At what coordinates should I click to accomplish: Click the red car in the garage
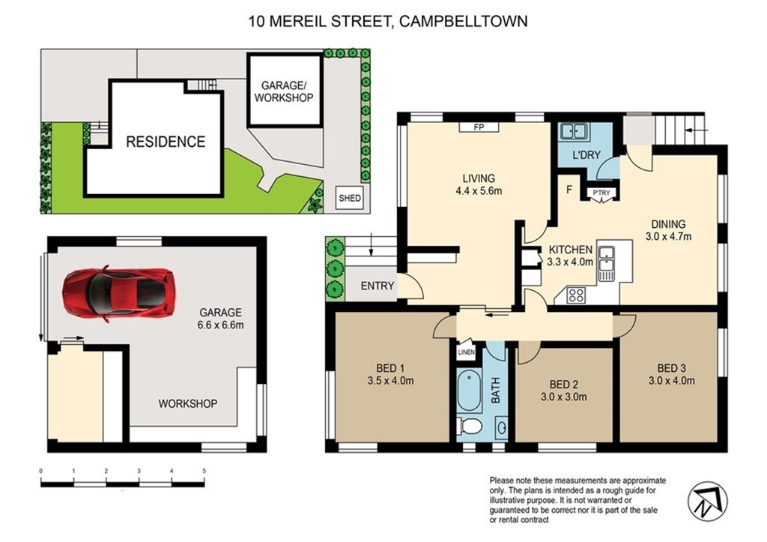(x=118, y=293)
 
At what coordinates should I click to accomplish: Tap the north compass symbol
(x=707, y=502)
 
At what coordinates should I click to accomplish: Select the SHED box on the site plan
(x=350, y=199)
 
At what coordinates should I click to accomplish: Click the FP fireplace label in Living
(x=479, y=127)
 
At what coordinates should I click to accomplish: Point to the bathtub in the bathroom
(x=469, y=391)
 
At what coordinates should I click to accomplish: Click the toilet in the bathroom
(x=469, y=426)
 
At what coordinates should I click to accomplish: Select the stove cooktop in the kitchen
(x=576, y=295)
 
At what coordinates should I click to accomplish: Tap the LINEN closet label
(x=466, y=352)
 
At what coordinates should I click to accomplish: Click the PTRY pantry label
(x=601, y=193)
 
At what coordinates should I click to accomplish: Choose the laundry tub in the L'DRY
(x=575, y=131)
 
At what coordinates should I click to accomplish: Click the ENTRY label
(x=378, y=286)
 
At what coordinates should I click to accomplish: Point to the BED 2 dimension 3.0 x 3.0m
(x=563, y=397)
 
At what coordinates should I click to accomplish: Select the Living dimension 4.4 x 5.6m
(x=479, y=191)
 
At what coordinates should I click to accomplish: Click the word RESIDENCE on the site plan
(x=166, y=142)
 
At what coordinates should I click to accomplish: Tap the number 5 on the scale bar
(x=204, y=471)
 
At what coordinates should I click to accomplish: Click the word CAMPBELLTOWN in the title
(x=464, y=22)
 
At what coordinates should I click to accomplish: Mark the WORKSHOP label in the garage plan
(x=187, y=403)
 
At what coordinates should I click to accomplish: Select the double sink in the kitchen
(x=607, y=264)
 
